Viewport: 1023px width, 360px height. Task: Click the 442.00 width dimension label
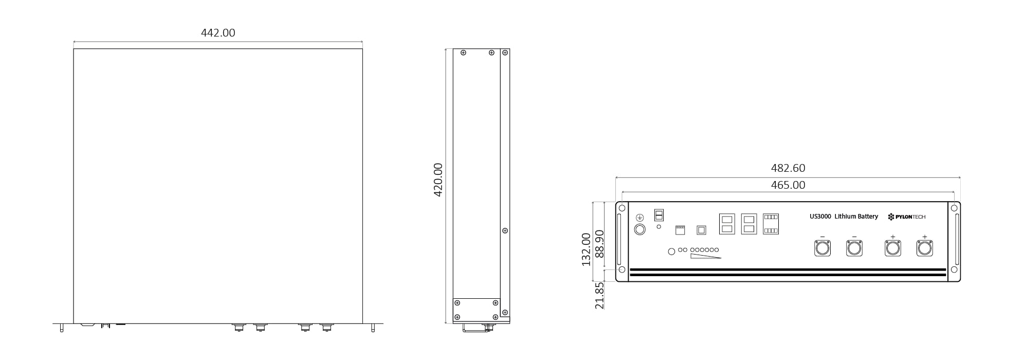pos(218,33)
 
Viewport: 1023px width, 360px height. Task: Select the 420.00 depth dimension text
pos(438,180)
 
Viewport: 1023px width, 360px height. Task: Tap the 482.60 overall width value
pos(788,168)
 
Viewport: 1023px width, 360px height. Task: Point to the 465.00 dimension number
pos(788,185)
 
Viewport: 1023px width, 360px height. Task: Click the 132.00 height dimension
pos(586,249)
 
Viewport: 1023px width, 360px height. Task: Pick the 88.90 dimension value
pos(599,244)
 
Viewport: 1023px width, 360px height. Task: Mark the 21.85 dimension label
pos(599,295)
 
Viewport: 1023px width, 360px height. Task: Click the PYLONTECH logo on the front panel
pos(907,217)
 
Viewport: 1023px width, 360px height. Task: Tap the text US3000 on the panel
pos(820,217)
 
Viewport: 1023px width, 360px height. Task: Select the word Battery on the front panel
pos(867,217)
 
